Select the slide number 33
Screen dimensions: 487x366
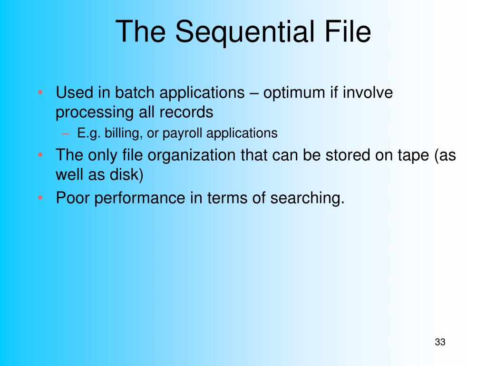pos(440,342)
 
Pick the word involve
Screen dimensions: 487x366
pos(368,92)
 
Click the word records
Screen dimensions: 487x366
pos(186,112)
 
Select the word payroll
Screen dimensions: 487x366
pos(182,133)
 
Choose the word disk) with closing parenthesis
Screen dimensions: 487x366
pos(127,174)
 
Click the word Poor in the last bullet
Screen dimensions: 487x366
pos(73,198)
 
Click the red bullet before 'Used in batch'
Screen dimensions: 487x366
pos(40,92)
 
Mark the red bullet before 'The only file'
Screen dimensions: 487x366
pos(40,155)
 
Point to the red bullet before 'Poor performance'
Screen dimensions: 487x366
pos(40,198)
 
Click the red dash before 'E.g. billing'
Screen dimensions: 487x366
pos(65,134)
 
